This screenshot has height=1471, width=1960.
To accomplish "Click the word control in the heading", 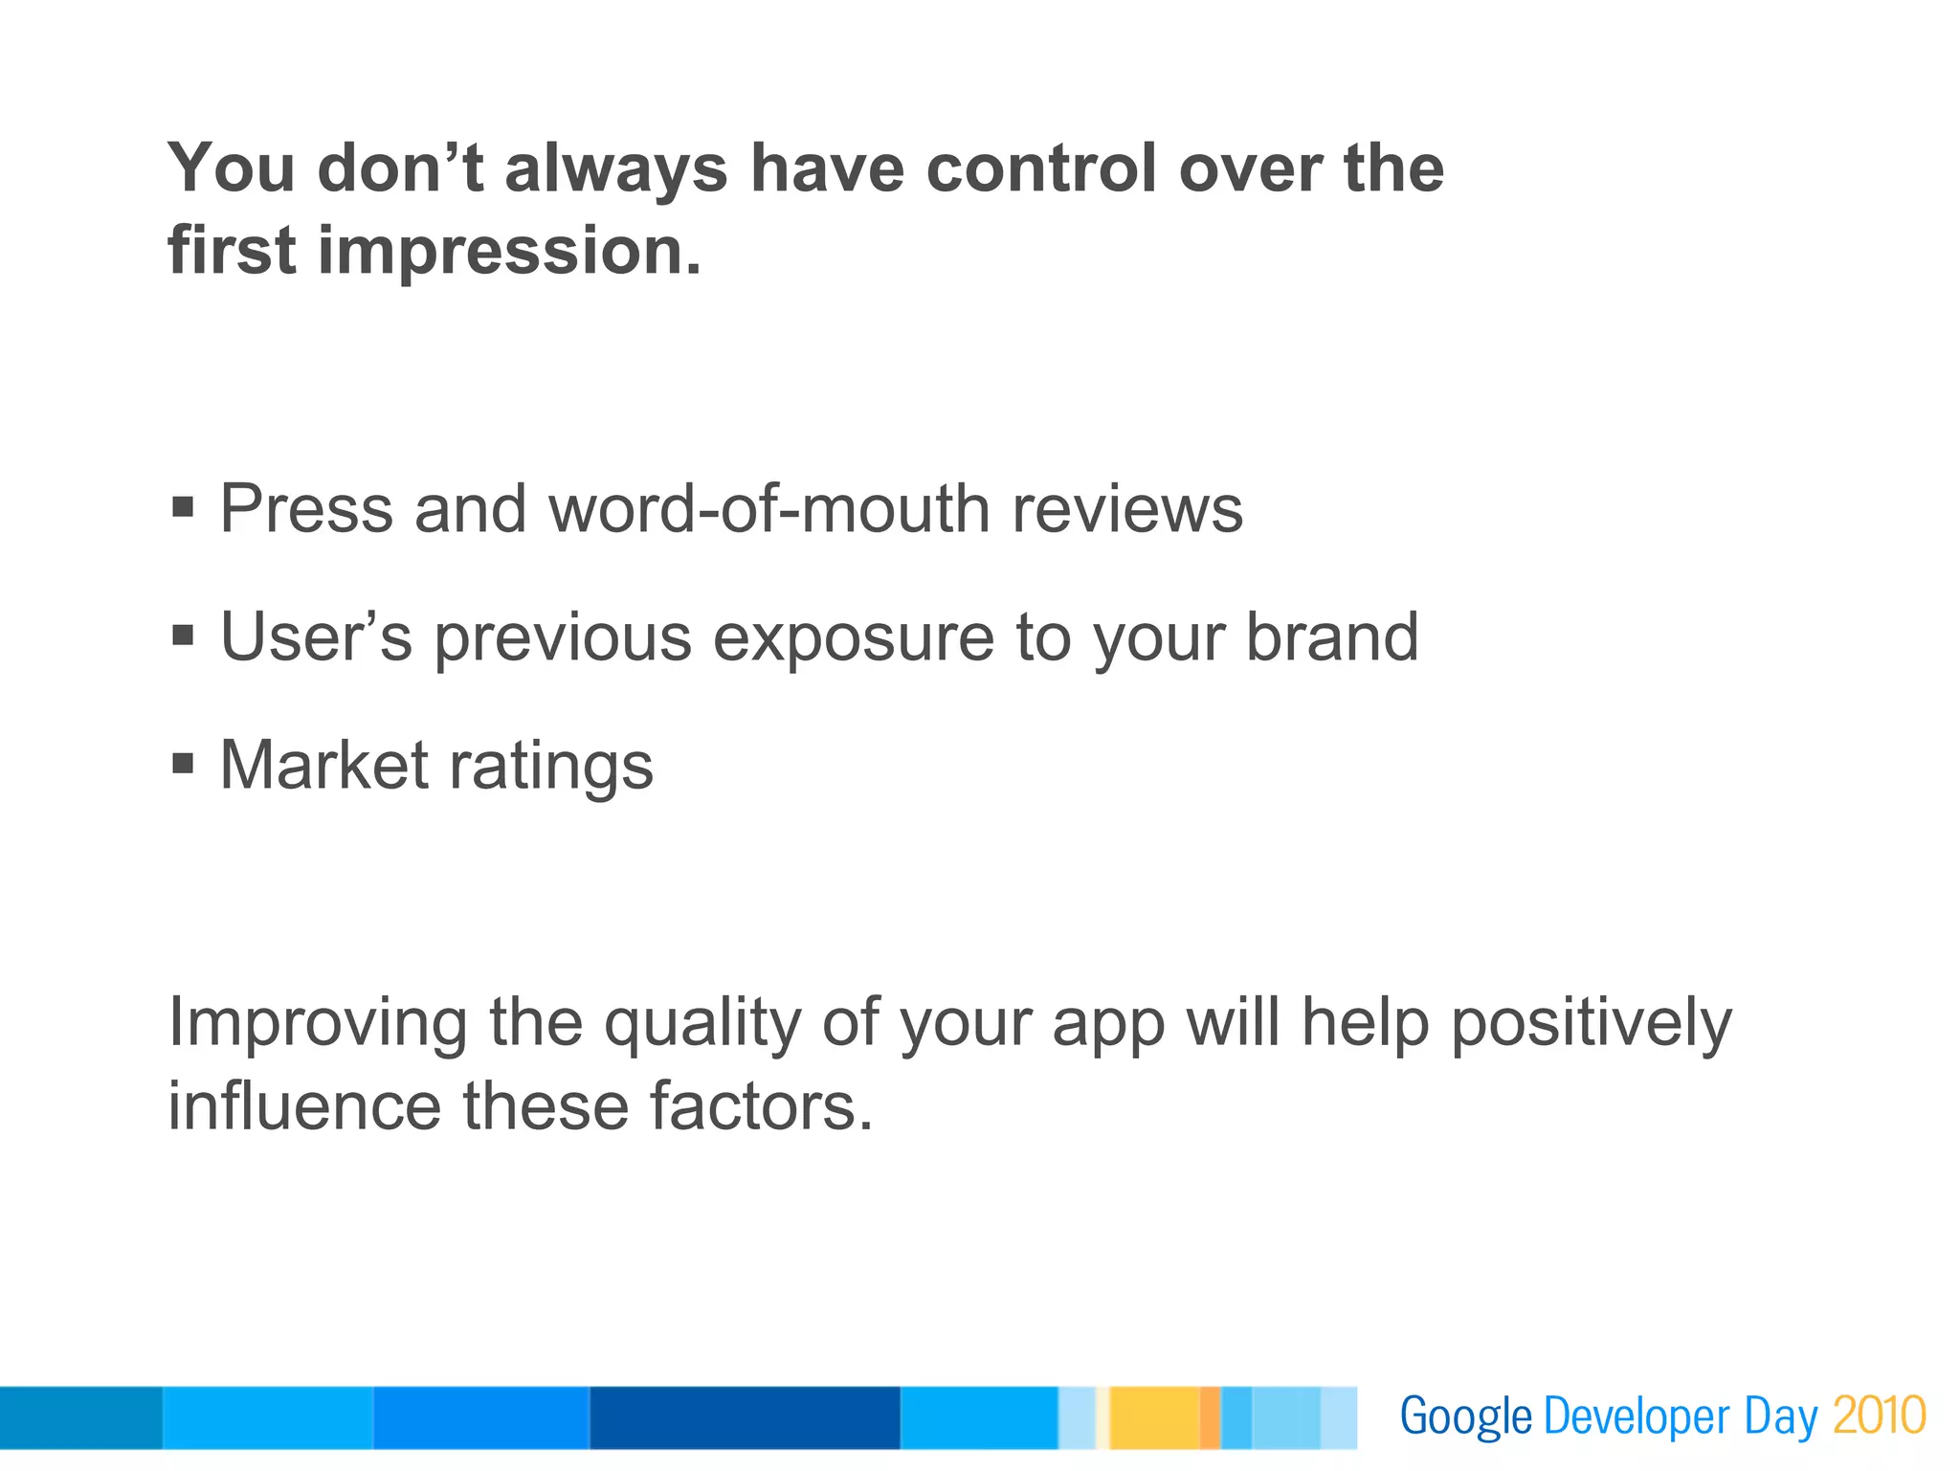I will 1042,168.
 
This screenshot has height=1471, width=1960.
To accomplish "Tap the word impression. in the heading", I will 509,251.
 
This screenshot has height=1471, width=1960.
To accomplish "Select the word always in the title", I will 615,168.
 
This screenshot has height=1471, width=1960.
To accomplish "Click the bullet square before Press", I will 183,505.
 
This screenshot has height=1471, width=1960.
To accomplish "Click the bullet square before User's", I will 183,635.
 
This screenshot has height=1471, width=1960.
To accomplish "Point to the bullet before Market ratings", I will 183,763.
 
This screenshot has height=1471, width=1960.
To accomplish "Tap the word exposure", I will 854,637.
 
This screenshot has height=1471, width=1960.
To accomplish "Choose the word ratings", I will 551,768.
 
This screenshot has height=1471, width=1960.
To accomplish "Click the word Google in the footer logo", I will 1465,1417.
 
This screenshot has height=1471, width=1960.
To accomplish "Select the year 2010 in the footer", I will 1879,1415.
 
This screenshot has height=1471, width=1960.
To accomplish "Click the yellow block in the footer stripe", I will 1154,1417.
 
